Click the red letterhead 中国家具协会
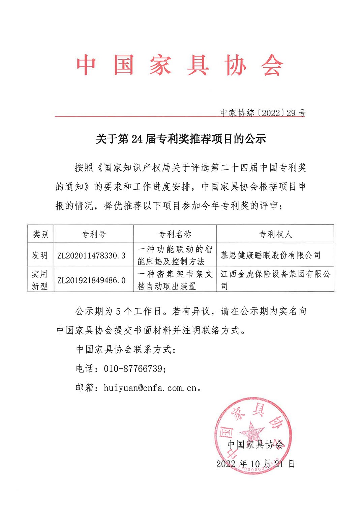pos(180,65)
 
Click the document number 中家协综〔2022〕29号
pos(263,113)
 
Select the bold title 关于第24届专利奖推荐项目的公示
pos(181,139)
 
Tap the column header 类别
pos(41,234)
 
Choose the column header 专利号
pos(94,234)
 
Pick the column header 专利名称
pos(175,234)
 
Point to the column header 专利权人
pos(275,234)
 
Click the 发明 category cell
pos(40,255)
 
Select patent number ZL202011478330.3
pos(91,255)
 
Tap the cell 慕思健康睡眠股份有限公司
pos(271,255)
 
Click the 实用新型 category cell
pos(40,280)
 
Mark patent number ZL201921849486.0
pos(91,280)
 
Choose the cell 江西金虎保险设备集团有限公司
pos(275,280)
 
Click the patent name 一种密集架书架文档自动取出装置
pos(175,280)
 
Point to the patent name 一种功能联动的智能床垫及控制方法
pos(175,255)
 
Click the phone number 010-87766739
pos(133,368)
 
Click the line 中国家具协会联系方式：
pos(126,349)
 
